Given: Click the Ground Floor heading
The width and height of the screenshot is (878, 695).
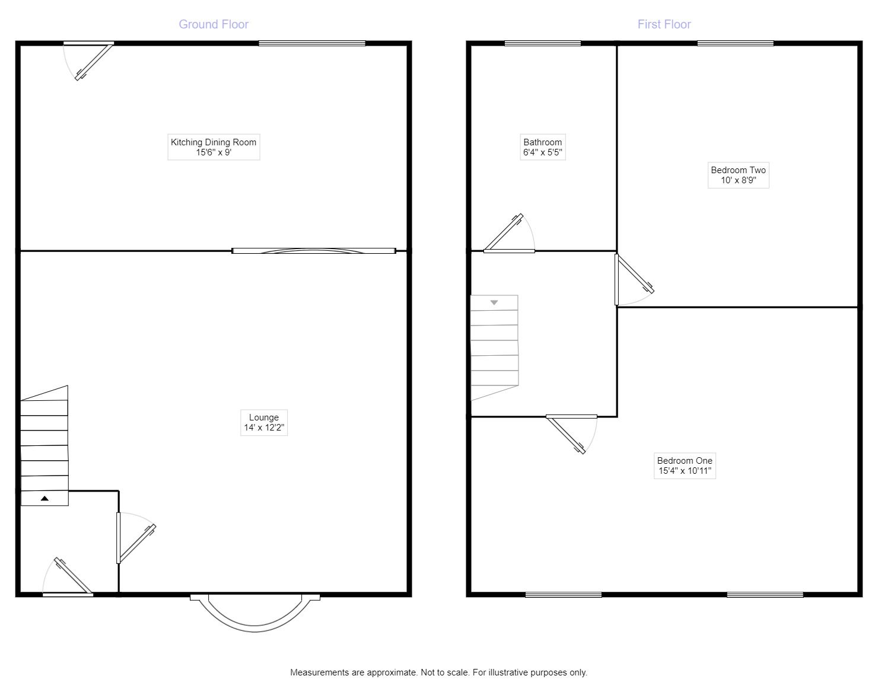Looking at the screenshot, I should click(x=214, y=24).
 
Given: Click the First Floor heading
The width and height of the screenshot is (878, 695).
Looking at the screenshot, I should click(x=664, y=24).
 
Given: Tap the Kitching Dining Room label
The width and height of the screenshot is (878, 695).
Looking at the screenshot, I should click(x=214, y=147).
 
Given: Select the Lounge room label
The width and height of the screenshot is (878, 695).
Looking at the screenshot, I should click(x=264, y=422).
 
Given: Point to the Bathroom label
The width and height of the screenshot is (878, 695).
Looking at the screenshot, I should click(x=542, y=147).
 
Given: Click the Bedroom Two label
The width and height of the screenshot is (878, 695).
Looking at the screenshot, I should click(x=738, y=175).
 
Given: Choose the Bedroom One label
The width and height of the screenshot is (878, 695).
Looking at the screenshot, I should click(x=685, y=466).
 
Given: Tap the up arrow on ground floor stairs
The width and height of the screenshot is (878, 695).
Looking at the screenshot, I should click(x=44, y=499).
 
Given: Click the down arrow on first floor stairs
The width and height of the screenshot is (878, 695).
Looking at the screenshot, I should click(x=494, y=302).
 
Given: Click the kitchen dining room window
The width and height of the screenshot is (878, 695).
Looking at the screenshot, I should click(x=312, y=43).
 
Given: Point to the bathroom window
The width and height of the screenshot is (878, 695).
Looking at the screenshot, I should click(x=543, y=43).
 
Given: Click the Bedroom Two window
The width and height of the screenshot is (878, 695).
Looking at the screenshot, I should click(x=736, y=43).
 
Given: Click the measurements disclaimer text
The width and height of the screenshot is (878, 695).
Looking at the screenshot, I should click(x=438, y=672).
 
